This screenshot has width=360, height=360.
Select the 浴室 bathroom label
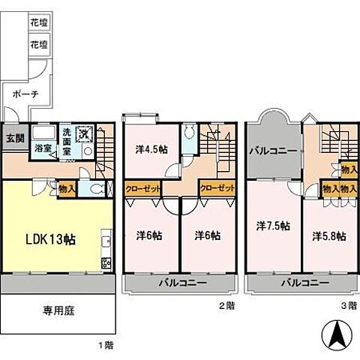coord(42,148)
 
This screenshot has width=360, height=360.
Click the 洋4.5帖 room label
coord(151,148)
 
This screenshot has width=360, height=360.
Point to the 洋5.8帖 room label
coord(328,235)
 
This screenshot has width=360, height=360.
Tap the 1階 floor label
coord(105,346)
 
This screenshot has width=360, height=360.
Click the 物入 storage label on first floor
coord(66,189)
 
